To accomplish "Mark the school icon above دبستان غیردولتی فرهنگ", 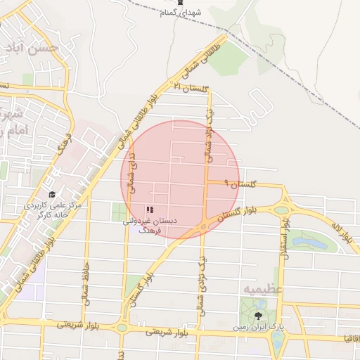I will (x=149, y=210).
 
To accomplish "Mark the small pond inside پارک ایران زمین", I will (x=278, y=338).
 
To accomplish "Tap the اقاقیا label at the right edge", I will (x=349, y=339).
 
